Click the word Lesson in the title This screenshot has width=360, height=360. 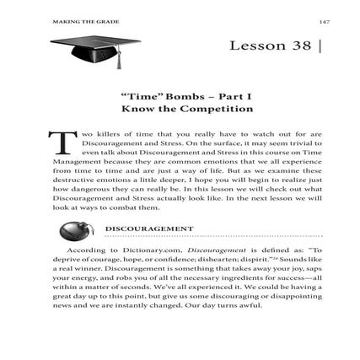256,46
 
